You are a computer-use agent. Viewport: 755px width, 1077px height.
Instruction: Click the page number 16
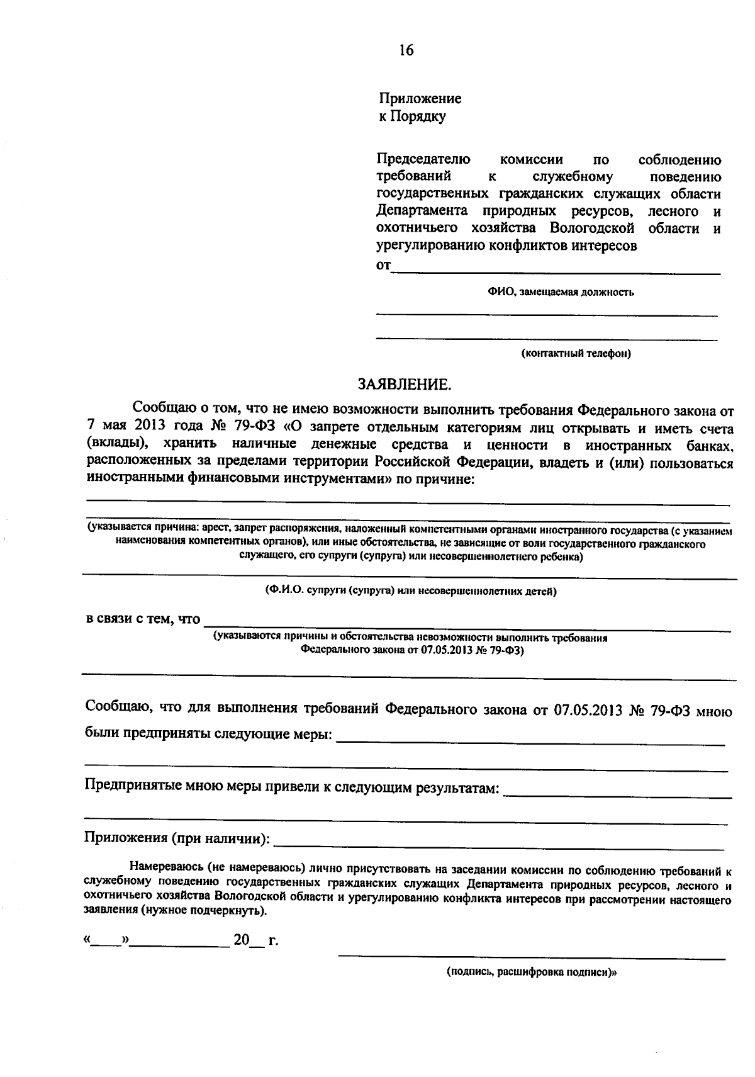pos(406,51)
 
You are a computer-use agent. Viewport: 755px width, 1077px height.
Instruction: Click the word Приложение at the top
pos(420,99)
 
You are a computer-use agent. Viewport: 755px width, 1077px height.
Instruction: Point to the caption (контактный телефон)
pos(576,354)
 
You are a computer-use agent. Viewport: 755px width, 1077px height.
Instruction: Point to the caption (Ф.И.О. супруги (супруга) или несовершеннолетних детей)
pos(411,592)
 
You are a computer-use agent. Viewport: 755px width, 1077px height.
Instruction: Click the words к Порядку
pos(411,116)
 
